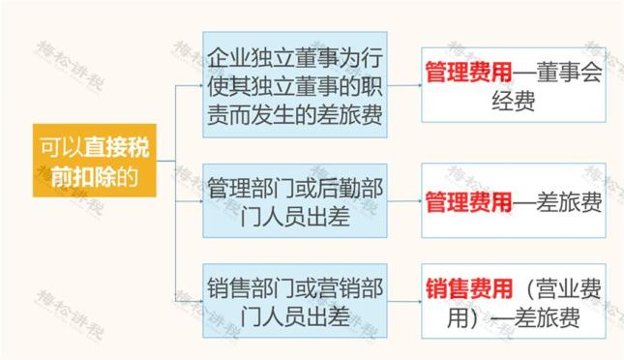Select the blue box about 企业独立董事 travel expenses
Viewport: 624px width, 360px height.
tap(295, 84)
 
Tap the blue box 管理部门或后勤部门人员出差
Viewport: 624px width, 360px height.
tap(295, 202)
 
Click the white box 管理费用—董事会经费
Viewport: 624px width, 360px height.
tap(513, 84)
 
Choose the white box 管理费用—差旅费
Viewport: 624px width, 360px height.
tap(513, 202)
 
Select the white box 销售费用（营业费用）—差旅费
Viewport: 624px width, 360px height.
tap(513, 303)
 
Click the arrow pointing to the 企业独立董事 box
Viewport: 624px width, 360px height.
tap(193, 84)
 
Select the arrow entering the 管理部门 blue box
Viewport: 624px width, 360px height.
tap(193, 201)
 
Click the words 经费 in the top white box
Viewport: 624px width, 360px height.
tap(513, 100)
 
